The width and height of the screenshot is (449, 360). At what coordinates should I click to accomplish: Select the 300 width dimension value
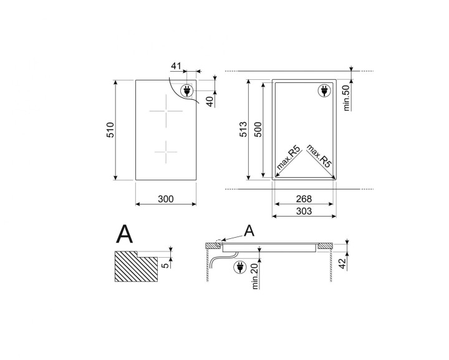(165, 199)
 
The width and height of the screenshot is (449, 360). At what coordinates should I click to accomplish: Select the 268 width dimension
(303, 199)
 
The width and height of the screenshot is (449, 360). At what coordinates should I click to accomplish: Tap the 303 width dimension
(303, 212)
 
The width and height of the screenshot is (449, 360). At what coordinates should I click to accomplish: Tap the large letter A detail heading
(125, 235)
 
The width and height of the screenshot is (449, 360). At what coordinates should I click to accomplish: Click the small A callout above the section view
(249, 231)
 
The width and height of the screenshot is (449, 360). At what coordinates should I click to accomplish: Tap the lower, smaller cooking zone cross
(165, 152)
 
